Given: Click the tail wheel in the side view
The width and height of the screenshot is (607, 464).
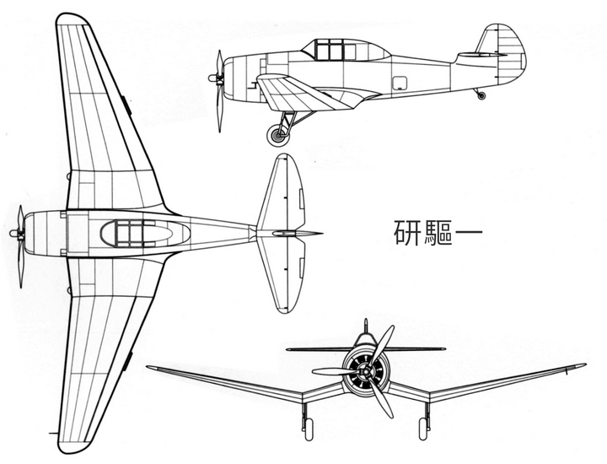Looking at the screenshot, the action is point(481,95).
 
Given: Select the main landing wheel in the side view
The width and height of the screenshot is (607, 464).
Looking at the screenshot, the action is point(275,134).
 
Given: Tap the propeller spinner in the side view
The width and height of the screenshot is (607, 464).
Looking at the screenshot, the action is point(212,78).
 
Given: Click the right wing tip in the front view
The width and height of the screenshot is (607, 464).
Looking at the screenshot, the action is point(581,365).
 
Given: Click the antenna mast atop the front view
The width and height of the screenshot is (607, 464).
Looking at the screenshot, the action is point(365,325).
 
